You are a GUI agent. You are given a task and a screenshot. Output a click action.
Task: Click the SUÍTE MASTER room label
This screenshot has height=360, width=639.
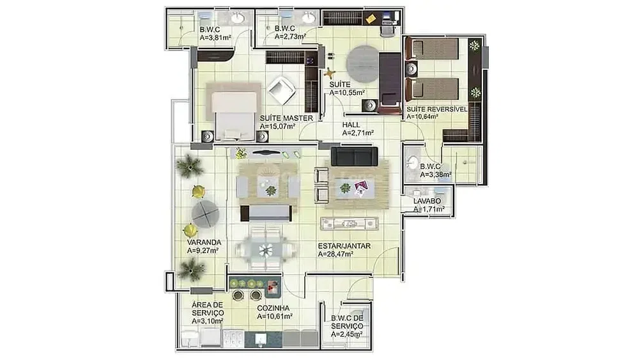(x=286, y=118)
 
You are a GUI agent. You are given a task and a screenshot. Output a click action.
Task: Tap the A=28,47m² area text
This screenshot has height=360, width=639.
(x=335, y=254)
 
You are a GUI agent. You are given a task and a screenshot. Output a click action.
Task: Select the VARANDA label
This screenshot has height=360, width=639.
(x=204, y=242)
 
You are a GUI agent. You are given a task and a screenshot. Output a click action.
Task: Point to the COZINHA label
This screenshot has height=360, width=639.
(x=273, y=309)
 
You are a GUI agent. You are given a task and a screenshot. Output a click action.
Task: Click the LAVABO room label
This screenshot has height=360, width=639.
(x=427, y=201)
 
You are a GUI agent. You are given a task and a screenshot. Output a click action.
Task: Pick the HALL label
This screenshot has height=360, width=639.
(x=351, y=125)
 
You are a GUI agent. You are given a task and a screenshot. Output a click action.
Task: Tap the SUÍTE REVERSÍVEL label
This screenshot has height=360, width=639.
(x=437, y=109)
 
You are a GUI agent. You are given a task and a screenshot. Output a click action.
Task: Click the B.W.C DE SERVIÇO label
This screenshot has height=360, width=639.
(x=347, y=322)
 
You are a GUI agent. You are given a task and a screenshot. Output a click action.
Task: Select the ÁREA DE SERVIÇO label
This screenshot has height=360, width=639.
(x=208, y=309)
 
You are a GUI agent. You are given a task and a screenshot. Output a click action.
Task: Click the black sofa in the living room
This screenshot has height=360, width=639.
(x=354, y=157)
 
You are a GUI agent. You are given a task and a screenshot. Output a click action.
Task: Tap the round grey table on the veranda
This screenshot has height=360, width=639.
(x=205, y=214)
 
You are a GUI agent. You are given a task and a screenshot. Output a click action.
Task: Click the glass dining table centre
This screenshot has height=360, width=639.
(x=266, y=249)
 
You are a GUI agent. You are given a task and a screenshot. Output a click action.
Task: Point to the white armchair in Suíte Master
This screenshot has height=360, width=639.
(x=282, y=91)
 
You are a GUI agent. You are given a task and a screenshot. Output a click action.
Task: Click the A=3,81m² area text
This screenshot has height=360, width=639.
(x=215, y=38)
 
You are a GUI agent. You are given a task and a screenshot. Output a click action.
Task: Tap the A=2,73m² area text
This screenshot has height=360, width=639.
(x=290, y=36)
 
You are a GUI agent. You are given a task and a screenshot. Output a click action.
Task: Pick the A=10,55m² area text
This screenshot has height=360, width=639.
(x=347, y=93)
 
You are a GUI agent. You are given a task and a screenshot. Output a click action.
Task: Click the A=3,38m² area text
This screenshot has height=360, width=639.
(x=436, y=175)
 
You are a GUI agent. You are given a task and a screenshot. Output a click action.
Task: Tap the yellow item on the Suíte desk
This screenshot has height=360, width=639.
(x=371, y=19)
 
